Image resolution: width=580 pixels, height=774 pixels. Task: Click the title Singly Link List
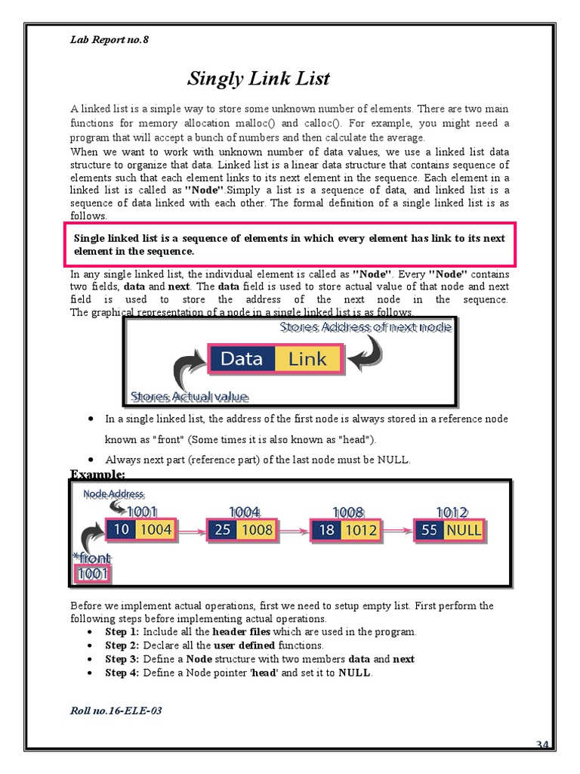tap(258, 79)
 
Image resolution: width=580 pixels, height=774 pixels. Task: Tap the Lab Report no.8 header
tap(109, 40)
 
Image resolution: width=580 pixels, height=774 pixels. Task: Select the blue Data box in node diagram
tap(242, 359)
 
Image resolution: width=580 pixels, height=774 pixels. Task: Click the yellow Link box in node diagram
tap(307, 359)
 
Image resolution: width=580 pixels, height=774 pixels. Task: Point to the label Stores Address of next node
tap(366, 327)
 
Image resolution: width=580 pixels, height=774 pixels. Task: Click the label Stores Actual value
tap(190, 396)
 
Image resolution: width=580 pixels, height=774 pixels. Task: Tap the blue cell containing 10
tap(120, 530)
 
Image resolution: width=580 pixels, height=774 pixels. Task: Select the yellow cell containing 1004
tap(156, 530)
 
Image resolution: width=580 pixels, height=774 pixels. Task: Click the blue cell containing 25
tap(223, 530)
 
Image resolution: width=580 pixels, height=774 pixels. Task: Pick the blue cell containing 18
tap(326, 530)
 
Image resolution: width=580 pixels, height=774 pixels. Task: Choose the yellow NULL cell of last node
tap(463, 530)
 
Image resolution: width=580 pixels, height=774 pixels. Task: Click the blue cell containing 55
tap(429, 530)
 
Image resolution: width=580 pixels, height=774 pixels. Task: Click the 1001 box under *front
tap(93, 574)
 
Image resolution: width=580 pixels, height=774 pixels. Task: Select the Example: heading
tap(97, 474)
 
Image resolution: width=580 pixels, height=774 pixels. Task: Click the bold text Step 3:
tap(122, 659)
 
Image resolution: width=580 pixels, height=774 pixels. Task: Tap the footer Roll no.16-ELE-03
tap(116, 711)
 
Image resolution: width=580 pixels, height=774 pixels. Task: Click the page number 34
tap(542, 745)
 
